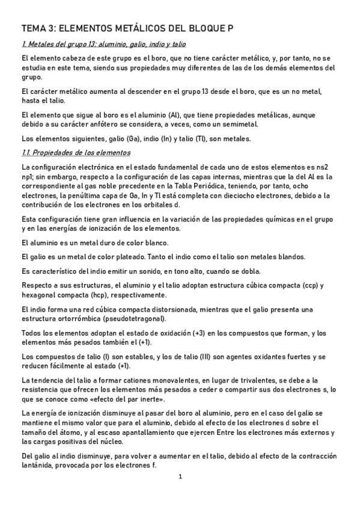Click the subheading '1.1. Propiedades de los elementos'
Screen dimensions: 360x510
[x=71, y=152]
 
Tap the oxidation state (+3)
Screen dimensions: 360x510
[x=200, y=333]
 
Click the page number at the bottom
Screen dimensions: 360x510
[x=179, y=476]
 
